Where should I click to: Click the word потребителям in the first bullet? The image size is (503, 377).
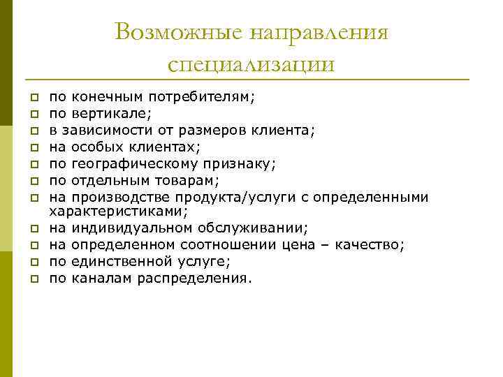pyautogui.click(x=207, y=98)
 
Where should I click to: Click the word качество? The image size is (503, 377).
pyautogui.click(x=370, y=244)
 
